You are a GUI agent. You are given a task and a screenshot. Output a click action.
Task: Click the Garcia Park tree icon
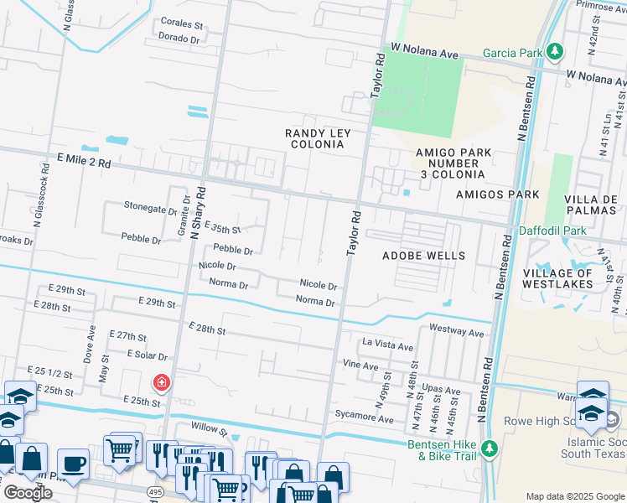click(x=554, y=52)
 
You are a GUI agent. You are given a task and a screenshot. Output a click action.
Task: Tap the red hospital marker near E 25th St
click(x=159, y=383)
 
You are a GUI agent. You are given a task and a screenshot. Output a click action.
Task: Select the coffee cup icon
click(x=73, y=464)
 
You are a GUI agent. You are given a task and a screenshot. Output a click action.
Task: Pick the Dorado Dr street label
click(x=179, y=39)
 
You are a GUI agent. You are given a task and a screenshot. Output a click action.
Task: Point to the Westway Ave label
click(x=457, y=333)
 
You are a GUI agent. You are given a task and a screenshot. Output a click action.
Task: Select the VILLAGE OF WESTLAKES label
click(x=557, y=278)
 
